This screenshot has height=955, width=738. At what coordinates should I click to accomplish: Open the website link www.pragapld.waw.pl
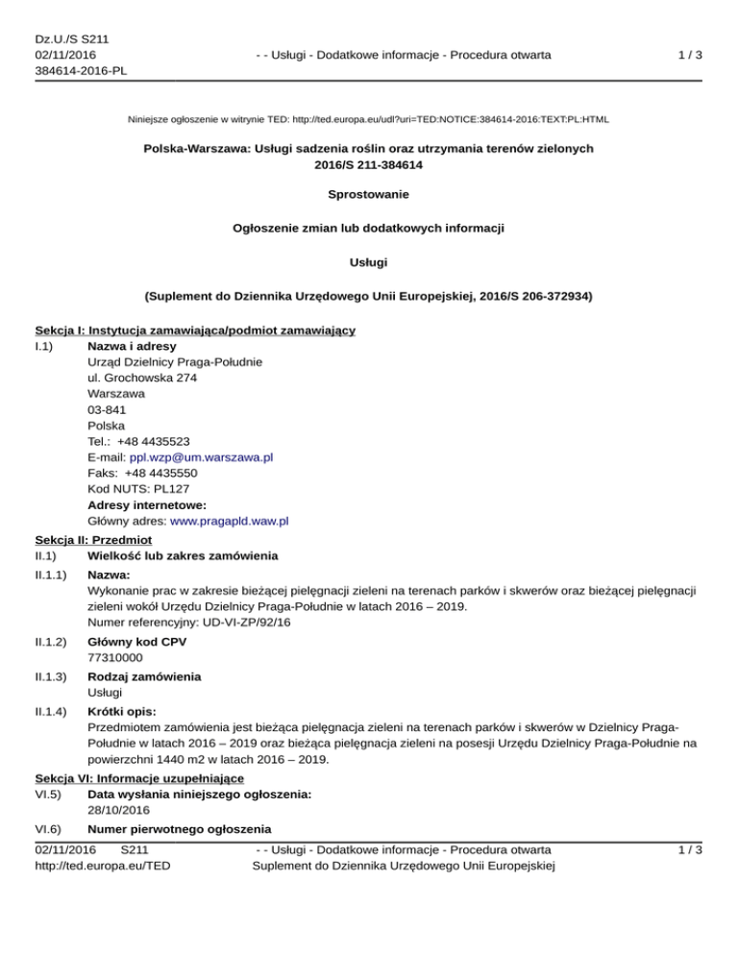pyautogui.click(x=230, y=522)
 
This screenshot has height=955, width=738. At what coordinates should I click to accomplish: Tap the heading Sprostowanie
pyautogui.click(x=368, y=194)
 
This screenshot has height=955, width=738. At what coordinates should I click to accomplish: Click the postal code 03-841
pyautogui.click(x=106, y=409)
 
